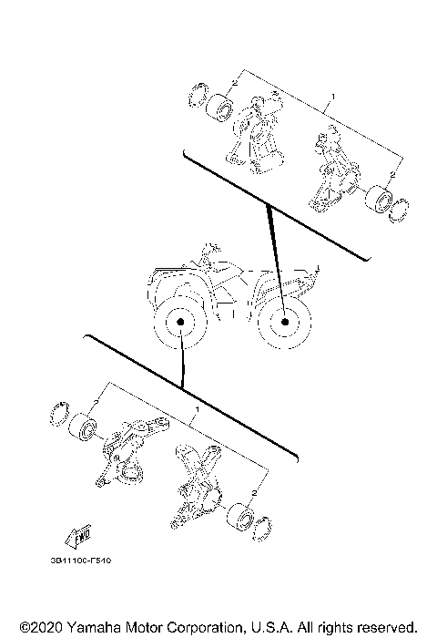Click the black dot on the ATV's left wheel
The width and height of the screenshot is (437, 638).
[181, 324]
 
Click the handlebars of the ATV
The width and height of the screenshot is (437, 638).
[211, 249]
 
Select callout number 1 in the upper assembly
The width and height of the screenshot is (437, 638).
[333, 96]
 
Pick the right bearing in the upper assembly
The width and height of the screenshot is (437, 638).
[376, 199]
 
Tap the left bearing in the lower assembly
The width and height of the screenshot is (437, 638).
[86, 427]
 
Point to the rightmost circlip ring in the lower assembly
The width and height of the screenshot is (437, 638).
[264, 526]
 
